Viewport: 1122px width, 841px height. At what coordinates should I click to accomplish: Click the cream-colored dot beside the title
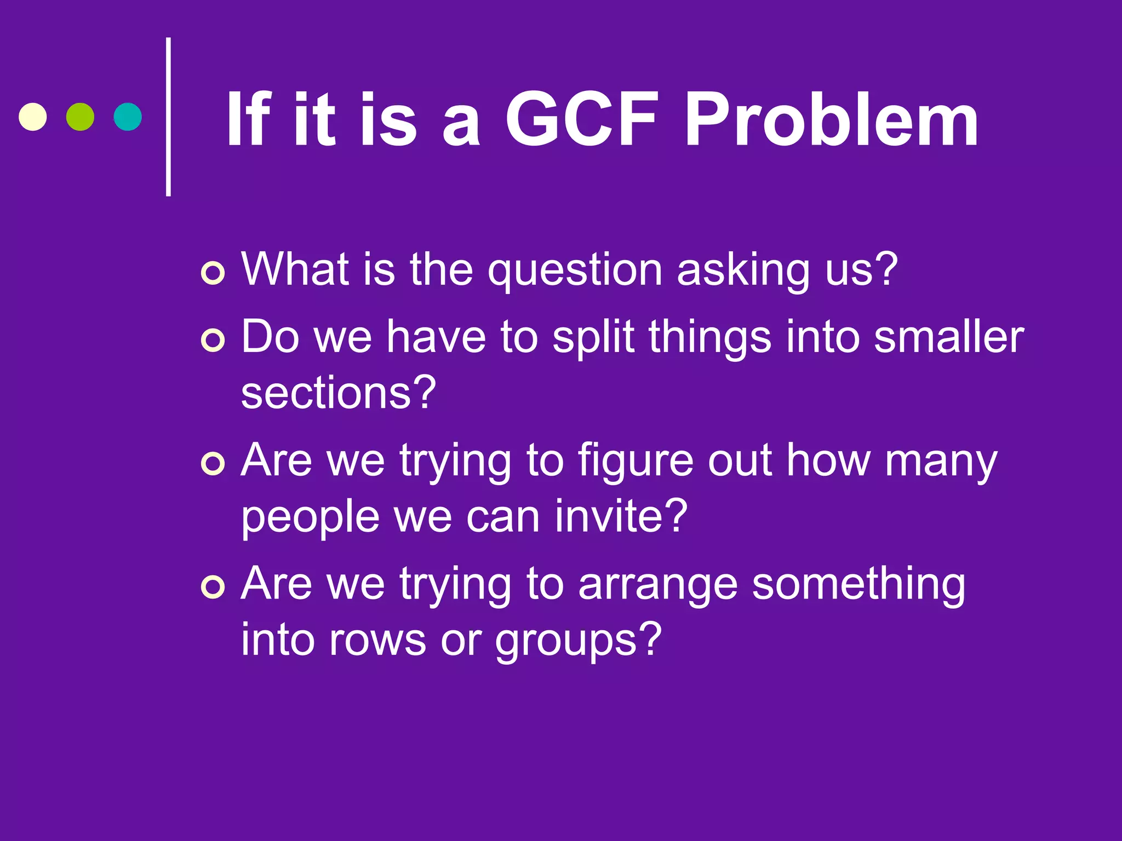click(x=33, y=117)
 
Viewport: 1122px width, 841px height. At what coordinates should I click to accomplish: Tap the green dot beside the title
click(x=80, y=117)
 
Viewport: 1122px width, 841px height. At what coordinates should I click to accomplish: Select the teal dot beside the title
click(x=128, y=117)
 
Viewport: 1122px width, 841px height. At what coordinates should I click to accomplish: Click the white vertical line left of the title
click(x=168, y=117)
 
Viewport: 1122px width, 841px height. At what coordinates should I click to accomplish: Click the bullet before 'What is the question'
click(x=213, y=273)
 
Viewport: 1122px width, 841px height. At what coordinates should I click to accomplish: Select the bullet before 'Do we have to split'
click(x=213, y=340)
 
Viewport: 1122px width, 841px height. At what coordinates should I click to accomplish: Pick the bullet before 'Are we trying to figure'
click(x=213, y=464)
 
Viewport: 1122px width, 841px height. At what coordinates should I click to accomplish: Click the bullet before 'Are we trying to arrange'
click(x=213, y=587)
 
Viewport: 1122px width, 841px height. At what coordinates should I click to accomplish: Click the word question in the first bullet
click(x=575, y=271)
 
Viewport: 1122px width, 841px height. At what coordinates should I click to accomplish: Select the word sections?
click(x=338, y=393)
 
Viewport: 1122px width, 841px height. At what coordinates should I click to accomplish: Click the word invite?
click(x=621, y=516)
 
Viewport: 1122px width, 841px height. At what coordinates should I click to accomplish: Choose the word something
click(x=858, y=584)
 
